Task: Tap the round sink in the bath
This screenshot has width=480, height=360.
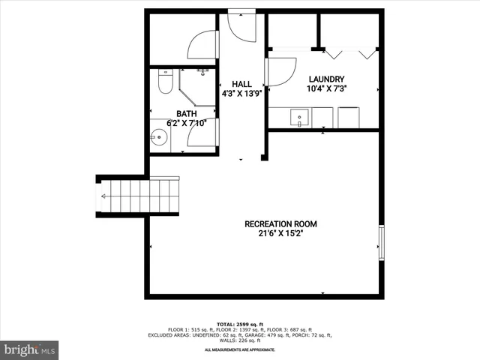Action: coord(159,136)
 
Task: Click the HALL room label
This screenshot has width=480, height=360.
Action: coord(241,84)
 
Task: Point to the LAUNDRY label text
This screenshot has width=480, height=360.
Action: coord(326,79)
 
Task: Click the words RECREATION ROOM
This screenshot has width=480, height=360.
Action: coord(281,223)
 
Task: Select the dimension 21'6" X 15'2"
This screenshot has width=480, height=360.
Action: coord(281,233)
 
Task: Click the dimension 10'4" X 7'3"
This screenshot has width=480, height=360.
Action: coord(326,88)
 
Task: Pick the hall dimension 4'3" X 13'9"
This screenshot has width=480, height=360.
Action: coord(241,94)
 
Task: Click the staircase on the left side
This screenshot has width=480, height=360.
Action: coord(139,195)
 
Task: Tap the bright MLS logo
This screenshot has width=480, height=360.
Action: coord(30,349)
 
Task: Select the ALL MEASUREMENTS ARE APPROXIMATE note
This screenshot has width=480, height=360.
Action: coord(240,349)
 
